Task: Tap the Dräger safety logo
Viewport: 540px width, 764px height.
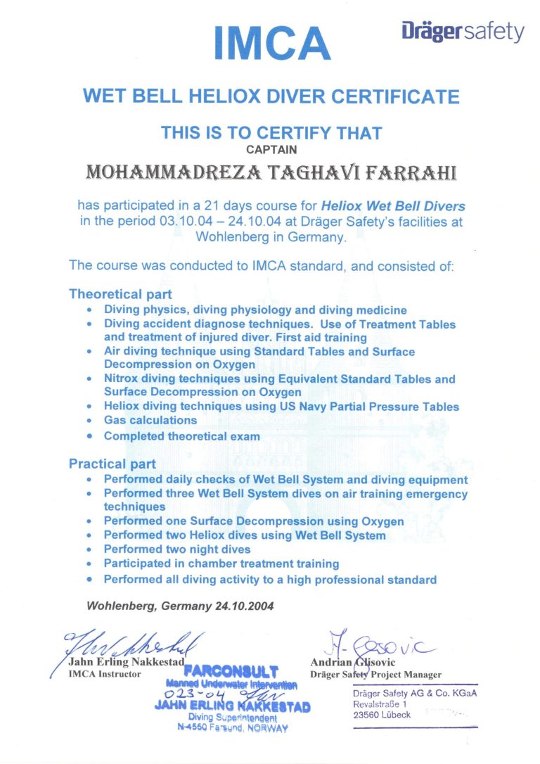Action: (463, 32)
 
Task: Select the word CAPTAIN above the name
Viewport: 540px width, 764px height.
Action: (271, 149)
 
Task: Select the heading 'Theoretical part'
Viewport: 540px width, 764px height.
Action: (120, 294)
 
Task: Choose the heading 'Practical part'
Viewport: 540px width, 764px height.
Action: (112, 464)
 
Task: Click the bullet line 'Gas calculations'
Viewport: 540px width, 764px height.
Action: (150, 420)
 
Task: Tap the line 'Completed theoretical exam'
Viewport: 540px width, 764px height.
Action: (181, 436)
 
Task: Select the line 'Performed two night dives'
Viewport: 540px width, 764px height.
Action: (177, 549)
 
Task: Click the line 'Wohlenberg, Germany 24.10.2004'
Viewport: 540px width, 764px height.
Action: (180, 605)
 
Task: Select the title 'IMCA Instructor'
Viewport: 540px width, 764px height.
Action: (105, 674)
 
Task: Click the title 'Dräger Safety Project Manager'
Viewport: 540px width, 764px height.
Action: (375, 675)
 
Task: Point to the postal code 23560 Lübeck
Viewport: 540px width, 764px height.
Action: (382, 715)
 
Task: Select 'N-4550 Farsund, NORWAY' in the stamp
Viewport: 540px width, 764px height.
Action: (233, 728)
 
